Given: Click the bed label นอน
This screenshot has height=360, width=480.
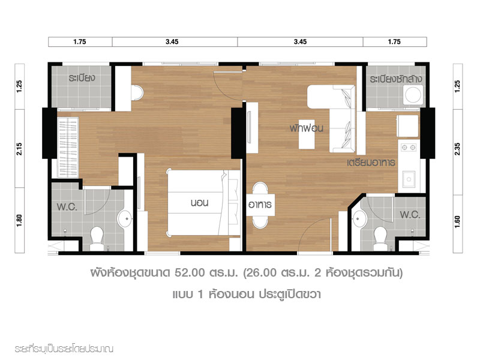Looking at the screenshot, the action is pyautogui.click(x=199, y=203).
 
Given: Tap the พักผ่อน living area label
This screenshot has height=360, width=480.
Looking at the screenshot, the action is pyautogui.click(x=307, y=128).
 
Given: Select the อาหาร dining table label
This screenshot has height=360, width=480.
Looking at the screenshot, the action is pyautogui.click(x=260, y=205).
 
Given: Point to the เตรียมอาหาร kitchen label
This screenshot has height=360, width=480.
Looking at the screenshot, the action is pyautogui.click(x=371, y=162).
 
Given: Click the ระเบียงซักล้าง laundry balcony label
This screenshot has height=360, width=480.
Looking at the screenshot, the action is pyautogui.click(x=395, y=79).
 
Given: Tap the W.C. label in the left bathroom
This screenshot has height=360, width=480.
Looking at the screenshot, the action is pyautogui.click(x=67, y=207).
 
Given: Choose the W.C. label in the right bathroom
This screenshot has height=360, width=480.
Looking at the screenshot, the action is pyautogui.click(x=410, y=215).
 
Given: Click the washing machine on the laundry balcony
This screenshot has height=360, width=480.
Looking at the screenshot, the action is pyautogui.click(x=413, y=95).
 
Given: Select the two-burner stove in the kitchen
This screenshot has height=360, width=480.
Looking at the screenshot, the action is pyautogui.click(x=409, y=148).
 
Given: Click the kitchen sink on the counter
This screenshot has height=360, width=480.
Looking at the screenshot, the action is pyautogui.click(x=409, y=179).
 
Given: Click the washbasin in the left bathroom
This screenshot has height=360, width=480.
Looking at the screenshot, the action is pyautogui.click(x=125, y=218).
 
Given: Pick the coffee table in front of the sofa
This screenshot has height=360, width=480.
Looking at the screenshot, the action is pyautogui.click(x=307, y=134).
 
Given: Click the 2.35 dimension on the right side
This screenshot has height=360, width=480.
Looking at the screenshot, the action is pyautogui.click(x=457, y=149).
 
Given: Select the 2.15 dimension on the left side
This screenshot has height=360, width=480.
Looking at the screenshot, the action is pyautogui.click(x=19, y=149).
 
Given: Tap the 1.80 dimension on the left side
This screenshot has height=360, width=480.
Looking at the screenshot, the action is pyautogui.click(x=19, y=220).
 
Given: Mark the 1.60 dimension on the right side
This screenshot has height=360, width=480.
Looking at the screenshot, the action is pyautogui.click(x=457, y=221).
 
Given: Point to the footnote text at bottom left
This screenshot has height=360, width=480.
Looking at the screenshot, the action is pyautogui.click(x=64, y=349).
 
